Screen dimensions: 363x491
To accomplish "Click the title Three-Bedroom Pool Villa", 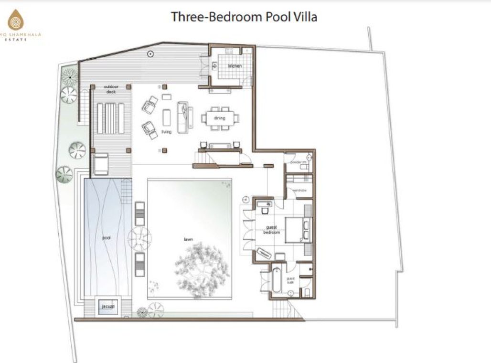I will tap(244, 17).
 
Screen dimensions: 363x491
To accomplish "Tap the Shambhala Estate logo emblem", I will tap(16, 20).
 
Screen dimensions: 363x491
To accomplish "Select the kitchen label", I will tap(235, 66).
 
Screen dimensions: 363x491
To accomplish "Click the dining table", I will tap(220, 118).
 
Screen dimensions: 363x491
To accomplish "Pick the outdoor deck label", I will tap(111, 89).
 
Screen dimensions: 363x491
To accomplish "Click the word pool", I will tap(106, 237).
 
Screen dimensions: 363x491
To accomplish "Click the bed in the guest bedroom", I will tap(298, 229).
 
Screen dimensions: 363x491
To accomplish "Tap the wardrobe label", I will tap(299, 190).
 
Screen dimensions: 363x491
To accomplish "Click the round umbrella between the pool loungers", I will tap(139, 237).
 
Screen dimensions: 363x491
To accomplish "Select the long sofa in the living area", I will tap(183, 117).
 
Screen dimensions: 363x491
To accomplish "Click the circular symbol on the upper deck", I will tap(150, 54).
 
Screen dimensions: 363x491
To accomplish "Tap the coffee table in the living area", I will tap(167, 117).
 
